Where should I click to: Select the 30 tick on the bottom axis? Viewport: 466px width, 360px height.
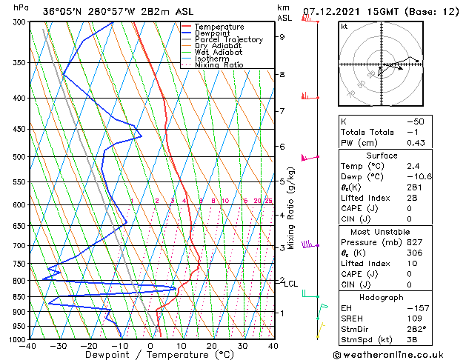pyautogui.click(x=242, y=346)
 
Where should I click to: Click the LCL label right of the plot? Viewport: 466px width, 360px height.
pyautogui.click(x=291, y=284)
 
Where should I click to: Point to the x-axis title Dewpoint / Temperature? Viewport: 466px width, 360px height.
pyautogui.click(x=150, y=355)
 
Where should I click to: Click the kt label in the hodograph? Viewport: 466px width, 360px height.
pyautogui.click(x=344, y=27)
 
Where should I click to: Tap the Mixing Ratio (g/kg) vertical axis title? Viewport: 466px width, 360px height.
pyautogui.click(x=291, y=207)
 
